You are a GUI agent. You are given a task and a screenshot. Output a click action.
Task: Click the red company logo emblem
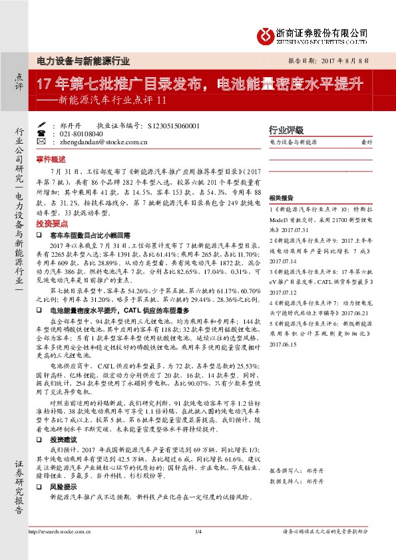pos(266,35)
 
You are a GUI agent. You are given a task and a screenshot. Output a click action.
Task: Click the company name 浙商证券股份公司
pos(322,31)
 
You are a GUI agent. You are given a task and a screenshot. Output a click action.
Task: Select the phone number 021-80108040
pos(77,133)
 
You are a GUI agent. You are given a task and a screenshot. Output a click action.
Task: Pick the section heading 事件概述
pos(51,160)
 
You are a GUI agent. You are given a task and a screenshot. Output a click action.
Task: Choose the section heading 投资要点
pos(51,225)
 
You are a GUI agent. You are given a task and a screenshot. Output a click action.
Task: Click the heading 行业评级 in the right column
pos(286,130)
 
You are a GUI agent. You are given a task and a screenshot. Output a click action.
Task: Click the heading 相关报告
pos(281,198)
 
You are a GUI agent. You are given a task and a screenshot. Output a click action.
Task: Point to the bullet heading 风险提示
pos(63,487)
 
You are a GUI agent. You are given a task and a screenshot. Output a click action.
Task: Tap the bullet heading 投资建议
pos(63,440)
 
